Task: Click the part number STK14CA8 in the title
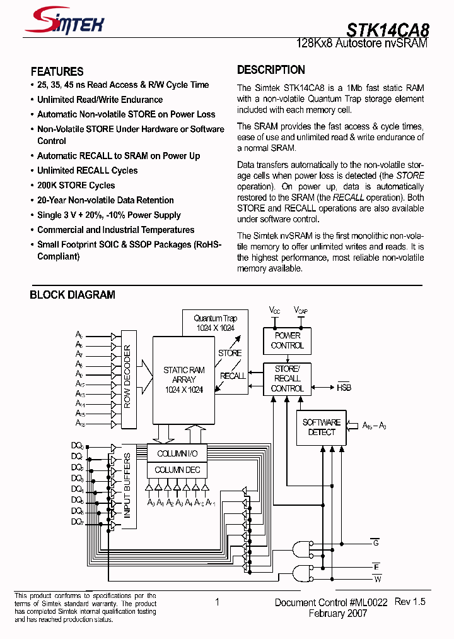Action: pos(387,29)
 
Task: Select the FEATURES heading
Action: pos(57,71)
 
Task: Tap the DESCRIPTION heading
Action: pos(271,70)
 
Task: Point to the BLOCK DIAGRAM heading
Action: pos(73,295)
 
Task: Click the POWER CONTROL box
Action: pos(288,340)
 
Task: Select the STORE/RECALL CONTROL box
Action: pos(287,378)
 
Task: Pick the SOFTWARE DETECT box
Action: pos(322,427)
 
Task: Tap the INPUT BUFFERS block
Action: pos(127,485)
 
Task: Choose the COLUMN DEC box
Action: pos(177,470)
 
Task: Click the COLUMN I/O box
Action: pos(177,453)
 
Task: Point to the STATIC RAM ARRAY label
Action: pos(183,379)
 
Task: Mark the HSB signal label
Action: pos(344,388)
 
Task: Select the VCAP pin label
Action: pos(301,310)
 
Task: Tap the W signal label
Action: pos(377,579)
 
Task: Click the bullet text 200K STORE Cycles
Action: pos(76,186)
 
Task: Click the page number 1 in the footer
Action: pos(217,602)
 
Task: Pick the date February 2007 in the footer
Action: pos(337,614)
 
